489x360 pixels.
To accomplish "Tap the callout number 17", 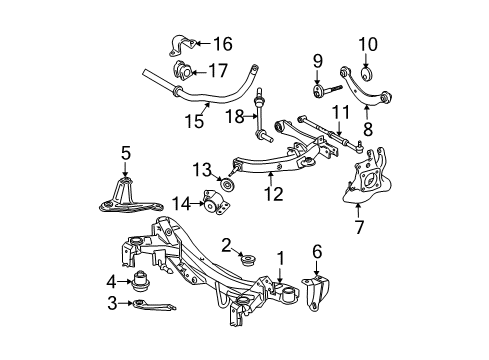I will tap(217, 71).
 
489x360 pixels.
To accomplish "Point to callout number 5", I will tap(125, 154).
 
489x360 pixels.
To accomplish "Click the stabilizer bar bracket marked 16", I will tap(181, 45).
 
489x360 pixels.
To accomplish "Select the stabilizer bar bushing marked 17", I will tap(183, 72).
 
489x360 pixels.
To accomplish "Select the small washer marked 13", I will tap(227, 185).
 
